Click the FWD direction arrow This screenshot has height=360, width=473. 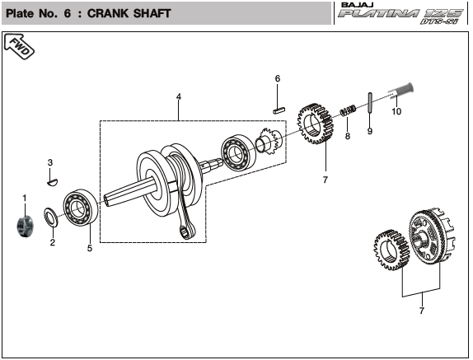pos(19,47)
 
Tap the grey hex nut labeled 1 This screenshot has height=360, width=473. pos(25,226)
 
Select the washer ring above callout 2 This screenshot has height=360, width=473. pos(52,217)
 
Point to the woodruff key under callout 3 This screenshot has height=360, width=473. pos(53,182)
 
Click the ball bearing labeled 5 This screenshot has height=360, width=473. pos(81,208)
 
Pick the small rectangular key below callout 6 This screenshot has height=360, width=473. pos(279,110)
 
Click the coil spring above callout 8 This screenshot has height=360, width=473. pos(348,110)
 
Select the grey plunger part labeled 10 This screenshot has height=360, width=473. pos(401,91)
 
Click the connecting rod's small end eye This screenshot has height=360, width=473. pos(186,232)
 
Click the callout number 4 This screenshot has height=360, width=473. pos(179,96)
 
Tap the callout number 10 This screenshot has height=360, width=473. pos(396,111)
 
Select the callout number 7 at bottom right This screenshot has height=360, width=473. pos(422,311)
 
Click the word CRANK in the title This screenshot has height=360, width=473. pos(108,13)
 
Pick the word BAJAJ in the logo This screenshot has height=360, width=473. pos(358,5)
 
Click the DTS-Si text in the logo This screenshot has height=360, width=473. pos(439,21)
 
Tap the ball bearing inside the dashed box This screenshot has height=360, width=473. pos(238,153)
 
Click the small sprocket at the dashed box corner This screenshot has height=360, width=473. pos(269,141)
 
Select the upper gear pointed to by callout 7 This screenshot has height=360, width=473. pos(316,124)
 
